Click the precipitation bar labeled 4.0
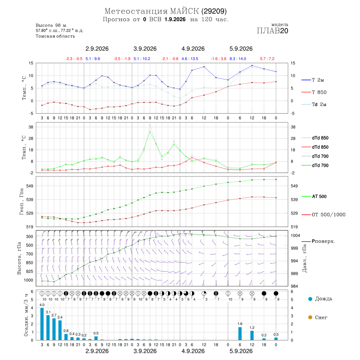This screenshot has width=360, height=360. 42,324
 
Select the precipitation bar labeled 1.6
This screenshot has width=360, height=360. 240,334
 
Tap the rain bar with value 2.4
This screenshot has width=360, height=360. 60,330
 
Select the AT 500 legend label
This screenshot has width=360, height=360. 319,196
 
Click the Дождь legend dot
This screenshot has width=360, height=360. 310,299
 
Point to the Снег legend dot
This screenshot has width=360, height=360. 310,317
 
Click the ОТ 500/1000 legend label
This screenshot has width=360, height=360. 328,215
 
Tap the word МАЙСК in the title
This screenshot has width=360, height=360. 184,11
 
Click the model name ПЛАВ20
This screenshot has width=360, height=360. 272,30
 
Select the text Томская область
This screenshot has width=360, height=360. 55,36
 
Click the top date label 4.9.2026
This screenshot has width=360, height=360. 193,49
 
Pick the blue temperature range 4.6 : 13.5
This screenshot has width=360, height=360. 190,59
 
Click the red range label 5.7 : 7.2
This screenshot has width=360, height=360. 267,59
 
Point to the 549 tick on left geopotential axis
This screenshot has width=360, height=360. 30,186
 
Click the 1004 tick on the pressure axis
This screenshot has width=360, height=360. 295,236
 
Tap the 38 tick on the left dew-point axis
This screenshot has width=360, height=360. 30,127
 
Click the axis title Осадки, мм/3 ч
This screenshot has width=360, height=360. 26,315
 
